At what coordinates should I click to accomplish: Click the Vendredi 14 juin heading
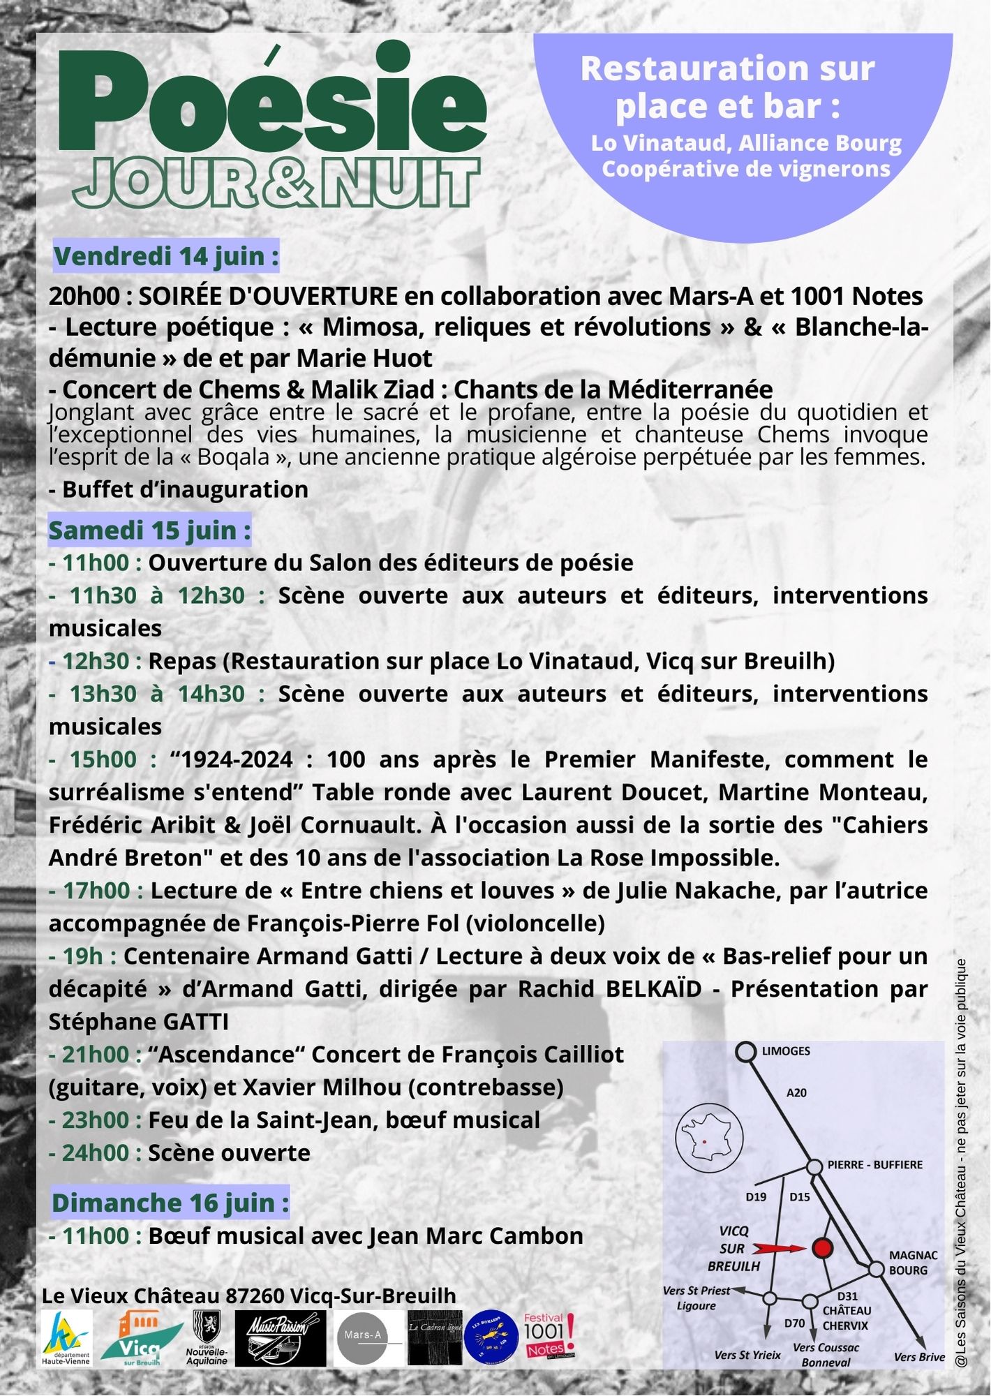(166, 256)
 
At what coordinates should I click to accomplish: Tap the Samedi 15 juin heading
(149, 530)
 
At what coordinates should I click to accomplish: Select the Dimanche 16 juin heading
(170, 1203)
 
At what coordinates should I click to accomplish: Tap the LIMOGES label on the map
(786, 1050)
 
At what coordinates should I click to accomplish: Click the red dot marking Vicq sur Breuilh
(824, 1248)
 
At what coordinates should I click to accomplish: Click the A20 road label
(796, 1092)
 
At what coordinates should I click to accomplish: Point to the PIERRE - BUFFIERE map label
(875, 1164)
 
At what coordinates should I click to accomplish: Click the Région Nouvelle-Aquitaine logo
(207, 1336)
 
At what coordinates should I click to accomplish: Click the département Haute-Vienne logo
(66, 1336)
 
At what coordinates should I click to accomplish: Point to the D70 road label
(794, 1323)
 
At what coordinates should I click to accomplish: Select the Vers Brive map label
(919, 1357)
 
